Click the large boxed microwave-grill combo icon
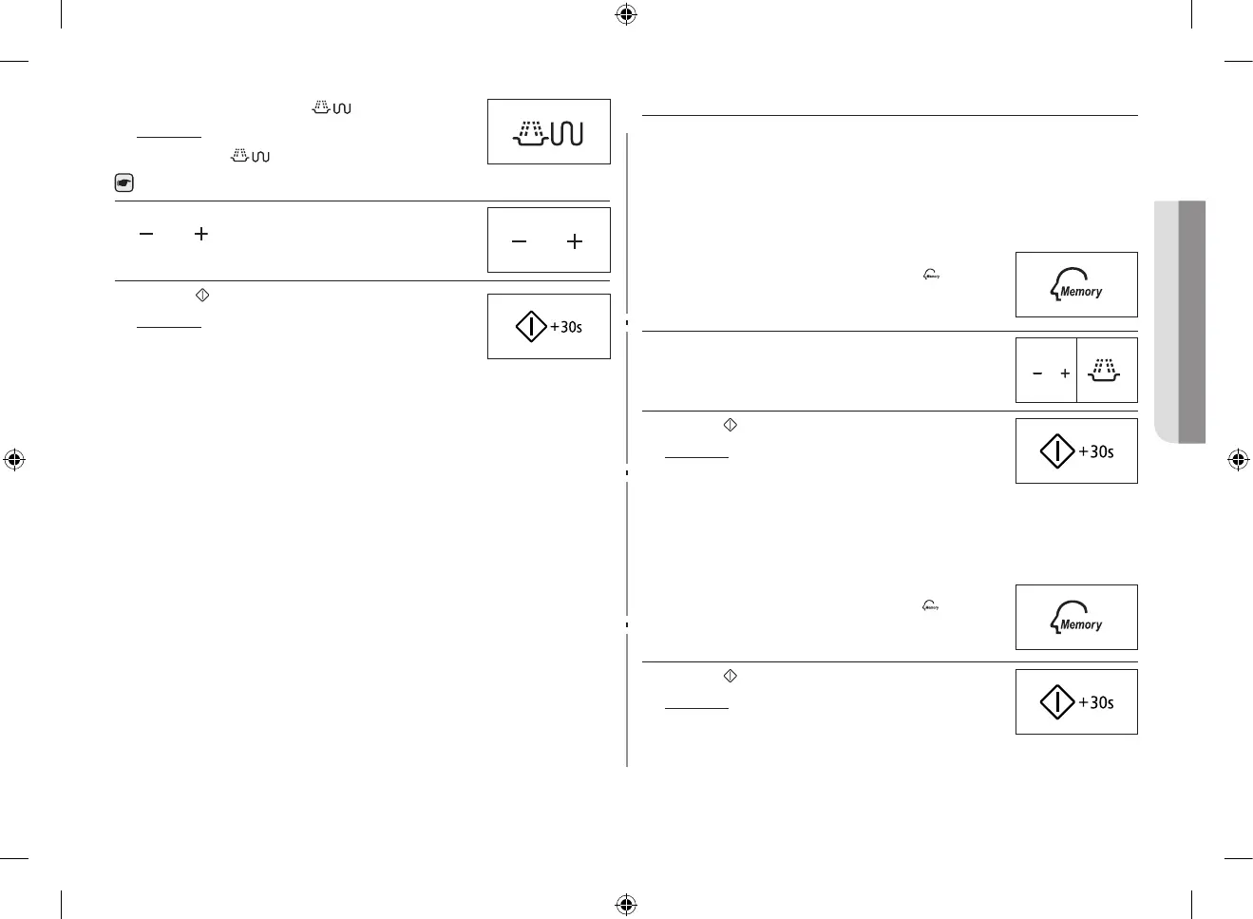[x=548, y=133]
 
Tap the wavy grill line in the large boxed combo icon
[x=567, y=134]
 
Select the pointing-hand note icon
[x=123, y=183]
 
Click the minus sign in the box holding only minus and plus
[x=519, y=241]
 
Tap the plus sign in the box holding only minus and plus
[x=575, y=241]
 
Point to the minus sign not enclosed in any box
[x=146, y=233]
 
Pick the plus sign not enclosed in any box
[x=200, y=233]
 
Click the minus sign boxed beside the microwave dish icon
[x=1037, y=373]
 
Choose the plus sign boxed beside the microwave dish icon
[x=1065, y=373]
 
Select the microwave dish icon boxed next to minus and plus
[x=1104, y=370]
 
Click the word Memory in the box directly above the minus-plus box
[x=1081, y=292]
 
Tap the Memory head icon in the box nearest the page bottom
[x=1075, y=617]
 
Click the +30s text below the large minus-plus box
[x=566, y=327]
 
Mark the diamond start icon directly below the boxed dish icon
[x=1057, y=451]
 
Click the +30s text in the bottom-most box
[x=1096, y=702]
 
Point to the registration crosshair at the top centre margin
[x=626, y=14]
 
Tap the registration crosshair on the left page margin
[x=14, y=460]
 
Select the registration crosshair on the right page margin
[x=1238, y=460]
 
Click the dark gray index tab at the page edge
[x=1192, y=321]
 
